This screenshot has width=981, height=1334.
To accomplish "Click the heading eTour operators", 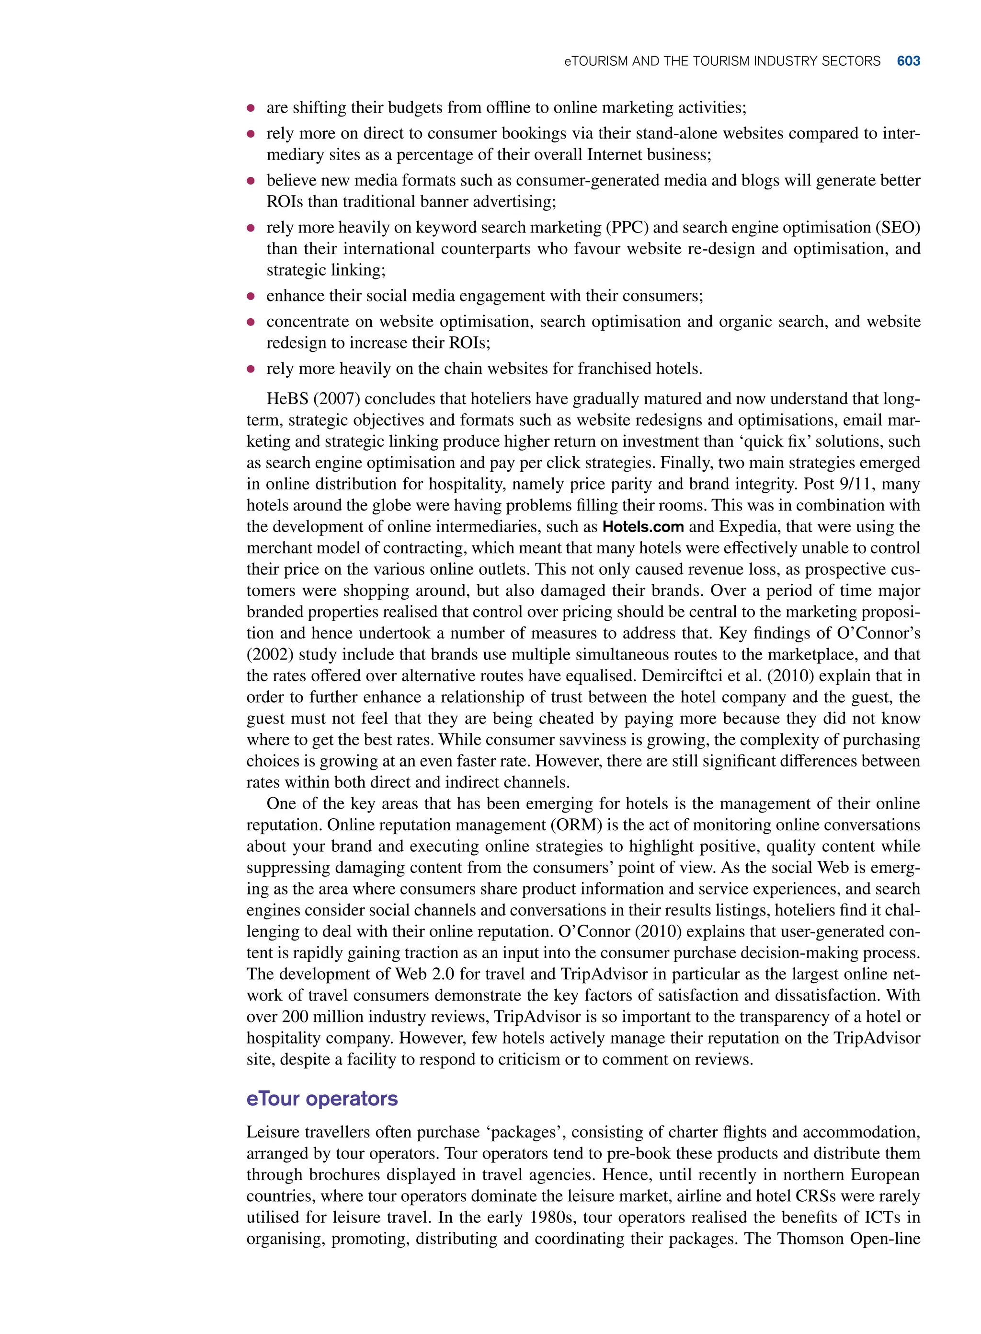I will point(322,1098).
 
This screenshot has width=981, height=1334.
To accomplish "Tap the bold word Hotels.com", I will point(643,526).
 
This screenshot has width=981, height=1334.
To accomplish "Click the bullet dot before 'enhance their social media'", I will point(251,296).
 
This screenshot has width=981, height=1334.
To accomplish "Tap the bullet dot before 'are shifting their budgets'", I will point(251,107).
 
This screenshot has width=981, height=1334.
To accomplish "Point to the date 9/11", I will point(857,484).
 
